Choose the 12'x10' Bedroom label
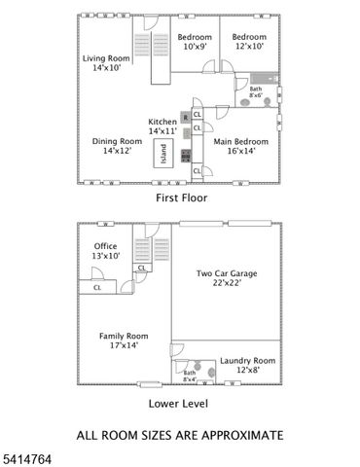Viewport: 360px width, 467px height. coord(248,41)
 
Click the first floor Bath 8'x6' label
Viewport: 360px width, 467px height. coord(255,92)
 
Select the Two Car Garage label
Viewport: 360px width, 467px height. coord(226,278)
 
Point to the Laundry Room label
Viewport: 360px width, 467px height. coord(240,365)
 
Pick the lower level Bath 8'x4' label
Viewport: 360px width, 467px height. coord(190,376)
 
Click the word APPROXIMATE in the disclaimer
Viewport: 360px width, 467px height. coord(239,434)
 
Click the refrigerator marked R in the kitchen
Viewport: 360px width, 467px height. coord(185,117)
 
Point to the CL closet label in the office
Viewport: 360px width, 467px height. coord(97,287)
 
